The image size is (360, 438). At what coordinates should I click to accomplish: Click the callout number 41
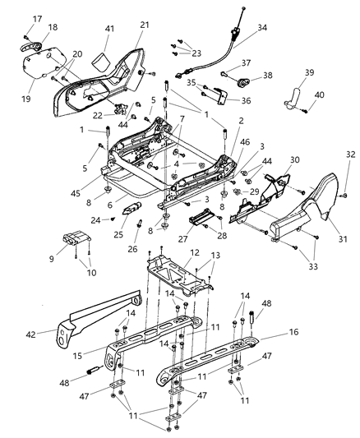click(110, 29)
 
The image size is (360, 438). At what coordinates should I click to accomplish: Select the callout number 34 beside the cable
click(262, 28)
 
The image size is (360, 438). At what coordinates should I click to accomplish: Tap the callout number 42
click(30, 334)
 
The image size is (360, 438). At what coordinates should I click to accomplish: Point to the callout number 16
click(293, 332)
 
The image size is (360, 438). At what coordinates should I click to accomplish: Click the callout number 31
click(343, 239)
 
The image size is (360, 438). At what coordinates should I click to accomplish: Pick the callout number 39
click(309, 72)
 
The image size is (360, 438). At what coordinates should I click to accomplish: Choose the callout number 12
click(194, 252)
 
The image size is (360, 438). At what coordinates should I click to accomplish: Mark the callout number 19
click(26, 99)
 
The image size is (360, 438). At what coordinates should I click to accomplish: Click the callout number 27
click(183, 239)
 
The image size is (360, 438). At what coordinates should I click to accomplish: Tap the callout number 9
click(52, 259)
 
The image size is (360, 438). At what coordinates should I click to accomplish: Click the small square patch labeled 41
click(100, 62)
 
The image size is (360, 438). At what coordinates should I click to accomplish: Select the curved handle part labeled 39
click(293, 99)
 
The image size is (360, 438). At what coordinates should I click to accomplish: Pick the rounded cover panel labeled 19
click(44, 65)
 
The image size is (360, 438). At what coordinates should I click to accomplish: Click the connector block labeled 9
click(76, 237)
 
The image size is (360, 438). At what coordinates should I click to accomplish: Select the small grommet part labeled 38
click(243, 81)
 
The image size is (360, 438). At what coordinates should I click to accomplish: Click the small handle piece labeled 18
click(30, 46)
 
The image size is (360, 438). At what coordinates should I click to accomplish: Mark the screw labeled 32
click(345, 195)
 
